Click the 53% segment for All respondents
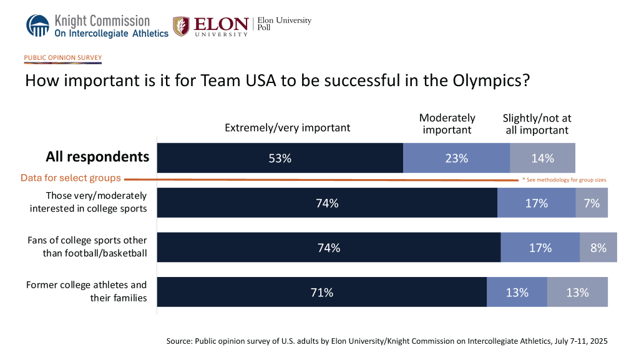(280, 158)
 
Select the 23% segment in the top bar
(456, 158)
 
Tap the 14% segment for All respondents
(542, 158)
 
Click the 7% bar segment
(592, 203)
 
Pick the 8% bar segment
(598, 248)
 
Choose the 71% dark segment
(321, 292)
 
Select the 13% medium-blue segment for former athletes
(517, 292)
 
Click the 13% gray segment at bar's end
(577, 292)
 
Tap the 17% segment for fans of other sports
(540, 248)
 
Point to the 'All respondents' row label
(97, 157)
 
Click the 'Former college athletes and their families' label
(87, 291)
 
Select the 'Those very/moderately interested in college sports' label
(88, 202)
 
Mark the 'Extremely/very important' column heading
(287, 127)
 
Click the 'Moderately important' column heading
(447, 124)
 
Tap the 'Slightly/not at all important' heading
(537, 124)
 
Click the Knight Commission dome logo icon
(37, 26)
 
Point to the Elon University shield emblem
(181, 26)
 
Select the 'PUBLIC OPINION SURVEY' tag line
(62, 58)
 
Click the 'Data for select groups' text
(71, 178)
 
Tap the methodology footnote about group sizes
(564, 180)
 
